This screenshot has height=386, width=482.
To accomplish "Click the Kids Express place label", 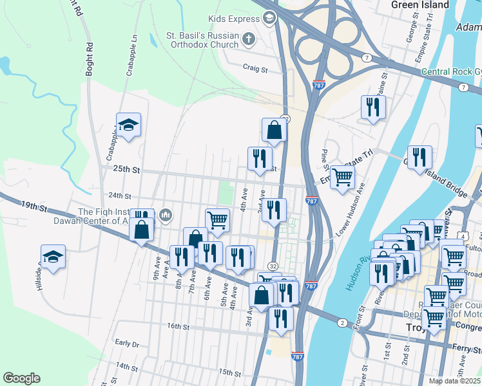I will coord(233,19).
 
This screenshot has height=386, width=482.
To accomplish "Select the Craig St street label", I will coord(255,67).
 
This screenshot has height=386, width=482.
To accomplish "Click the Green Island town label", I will coord(420,5).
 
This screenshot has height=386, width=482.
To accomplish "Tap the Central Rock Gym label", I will coord(450,71).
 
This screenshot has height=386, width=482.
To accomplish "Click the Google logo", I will coord(21,378).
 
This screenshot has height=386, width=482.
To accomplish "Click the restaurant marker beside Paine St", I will coord(372,107).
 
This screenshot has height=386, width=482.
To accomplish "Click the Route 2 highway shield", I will coord(341,322).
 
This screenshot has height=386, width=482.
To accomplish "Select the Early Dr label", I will coord(126,344).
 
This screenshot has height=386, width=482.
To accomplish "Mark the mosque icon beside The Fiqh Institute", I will coord(166,214).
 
